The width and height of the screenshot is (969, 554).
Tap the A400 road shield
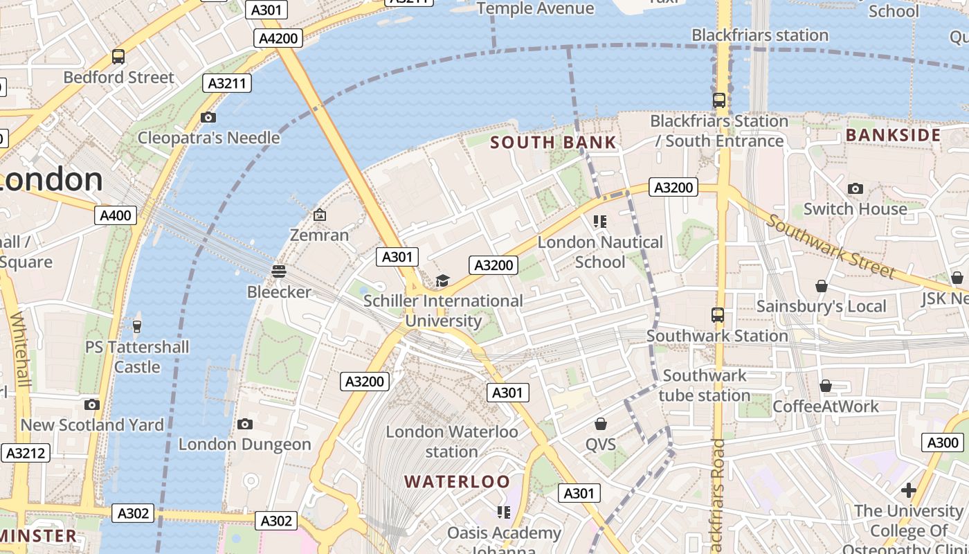point(116,215)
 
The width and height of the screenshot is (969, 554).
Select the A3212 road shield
point(26,454)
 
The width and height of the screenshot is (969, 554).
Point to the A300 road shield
point(942,443)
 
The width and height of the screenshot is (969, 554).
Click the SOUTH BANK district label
point(553,143)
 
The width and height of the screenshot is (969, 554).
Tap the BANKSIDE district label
point(893,135)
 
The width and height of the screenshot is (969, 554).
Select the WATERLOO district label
point(457,481)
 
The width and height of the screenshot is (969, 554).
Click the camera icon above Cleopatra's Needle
point(208,117)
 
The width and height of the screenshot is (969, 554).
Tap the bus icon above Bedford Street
point(118,57)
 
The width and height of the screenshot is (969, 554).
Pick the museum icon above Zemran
point(319,215)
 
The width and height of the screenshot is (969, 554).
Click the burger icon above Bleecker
point(279,271)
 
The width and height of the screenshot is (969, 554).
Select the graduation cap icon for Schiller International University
point(442,280)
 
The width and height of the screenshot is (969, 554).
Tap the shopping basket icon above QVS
point(600,424)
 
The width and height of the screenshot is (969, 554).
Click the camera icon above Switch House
point(855,188)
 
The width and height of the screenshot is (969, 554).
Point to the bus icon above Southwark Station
point(718,315)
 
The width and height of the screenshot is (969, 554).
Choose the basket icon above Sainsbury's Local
point(821,286)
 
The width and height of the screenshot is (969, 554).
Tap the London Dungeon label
point(245,445)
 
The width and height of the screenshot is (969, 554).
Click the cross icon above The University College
point(908,490)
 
